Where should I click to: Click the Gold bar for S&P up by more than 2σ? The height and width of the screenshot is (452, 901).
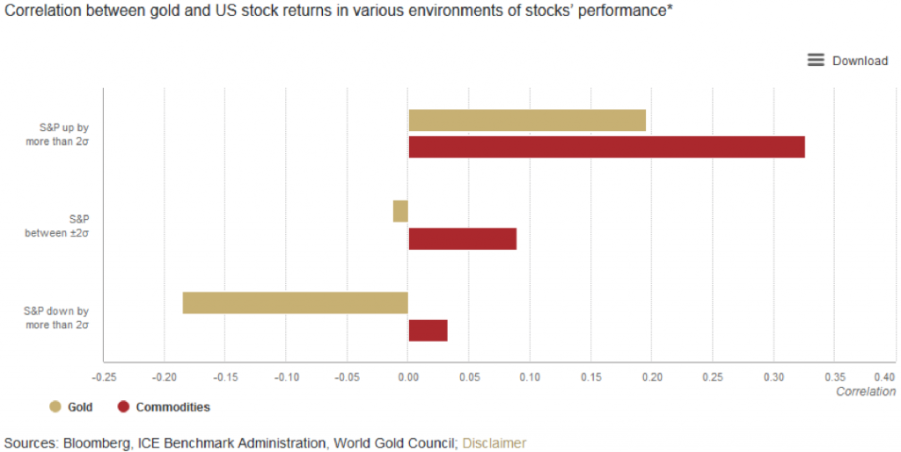click(x=527, y=120)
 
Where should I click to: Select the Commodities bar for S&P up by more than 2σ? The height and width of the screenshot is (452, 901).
click(x=606, y=147)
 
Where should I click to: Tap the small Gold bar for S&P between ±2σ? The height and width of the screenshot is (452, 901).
click(x=400, y=211)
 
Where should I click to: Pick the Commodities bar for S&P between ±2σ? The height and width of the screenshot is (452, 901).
click(x=462, y=238)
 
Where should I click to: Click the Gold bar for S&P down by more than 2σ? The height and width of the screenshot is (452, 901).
click(x=295, y=303)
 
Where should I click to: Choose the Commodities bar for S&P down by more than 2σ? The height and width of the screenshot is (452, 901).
click(x=428, y=331)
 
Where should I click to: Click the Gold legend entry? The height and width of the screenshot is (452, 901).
click(x=71, y=407)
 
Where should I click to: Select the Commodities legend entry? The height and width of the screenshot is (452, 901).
click(x=164, y=407)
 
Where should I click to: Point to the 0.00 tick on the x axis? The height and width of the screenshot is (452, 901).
click(x=407, y=377)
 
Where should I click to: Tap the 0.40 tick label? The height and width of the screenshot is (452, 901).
click(x=883, y=377)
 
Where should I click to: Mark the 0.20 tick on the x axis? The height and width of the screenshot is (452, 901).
click(x=652, y=377)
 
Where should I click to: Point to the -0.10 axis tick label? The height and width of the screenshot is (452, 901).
click(x=285, y=377)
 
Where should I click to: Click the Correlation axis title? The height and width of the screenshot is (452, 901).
click(x=865, y=391)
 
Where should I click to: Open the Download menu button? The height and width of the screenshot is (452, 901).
click(x=847, y=60)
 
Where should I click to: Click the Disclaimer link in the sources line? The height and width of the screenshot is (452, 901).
click(x=494, y=443)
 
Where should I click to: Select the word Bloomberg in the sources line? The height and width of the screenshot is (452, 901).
click(x=96, y=443)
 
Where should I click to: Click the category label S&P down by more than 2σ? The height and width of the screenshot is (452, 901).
click(x=58, y=317)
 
